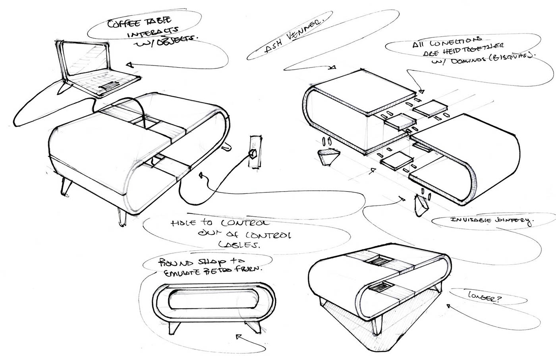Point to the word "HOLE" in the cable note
[x=181, y=223]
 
